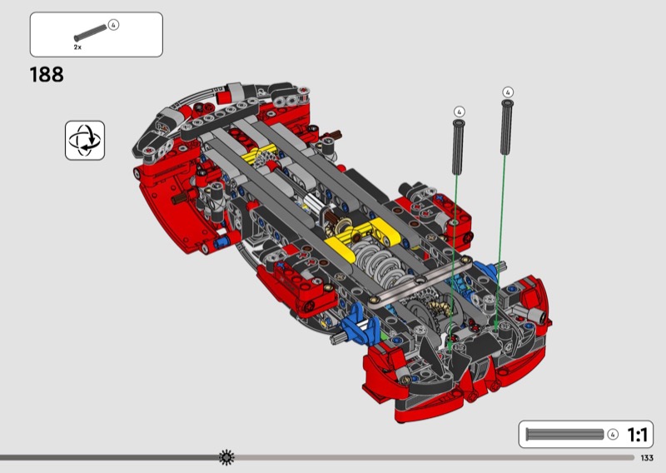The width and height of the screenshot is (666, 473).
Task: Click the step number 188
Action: tap(47, 75)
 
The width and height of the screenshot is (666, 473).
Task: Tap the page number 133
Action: tap(647, 458)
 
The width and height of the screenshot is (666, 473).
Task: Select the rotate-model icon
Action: tap(85, 140)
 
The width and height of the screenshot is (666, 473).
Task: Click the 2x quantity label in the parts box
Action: tap(77, 47)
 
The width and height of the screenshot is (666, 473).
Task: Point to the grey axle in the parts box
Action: tap(91, 33)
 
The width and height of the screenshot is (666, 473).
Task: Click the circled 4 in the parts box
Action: tap(113, 25)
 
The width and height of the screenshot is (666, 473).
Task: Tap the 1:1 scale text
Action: tap(637, 435)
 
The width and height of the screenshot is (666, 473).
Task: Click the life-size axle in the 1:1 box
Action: tap(564, 435)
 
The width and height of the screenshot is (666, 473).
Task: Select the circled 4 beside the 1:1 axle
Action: tap(613, 435)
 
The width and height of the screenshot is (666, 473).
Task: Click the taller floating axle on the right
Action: tap(506, 127)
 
